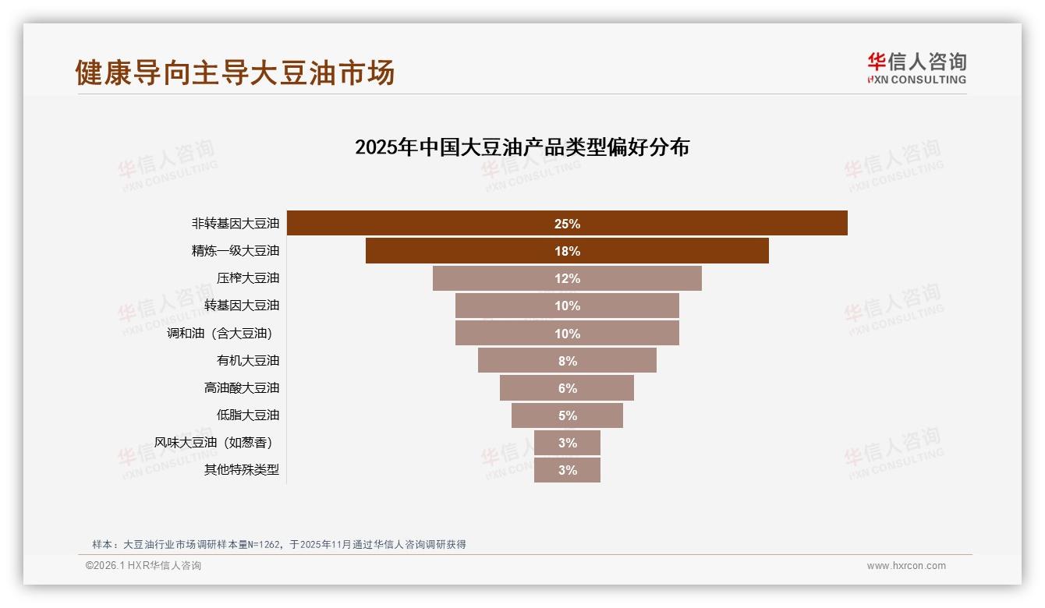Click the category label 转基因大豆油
coord(241,306)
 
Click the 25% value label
coord(567,224)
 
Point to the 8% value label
coord(567,361)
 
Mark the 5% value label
coord(567,415)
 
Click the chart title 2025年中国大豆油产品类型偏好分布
coord(522,147)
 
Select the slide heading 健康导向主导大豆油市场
coord(235,72)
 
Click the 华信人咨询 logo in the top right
coord(916,69)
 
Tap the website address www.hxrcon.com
coord(906,566)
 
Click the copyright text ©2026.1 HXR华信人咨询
coord(143,566)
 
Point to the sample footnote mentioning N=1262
coord(278,544)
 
